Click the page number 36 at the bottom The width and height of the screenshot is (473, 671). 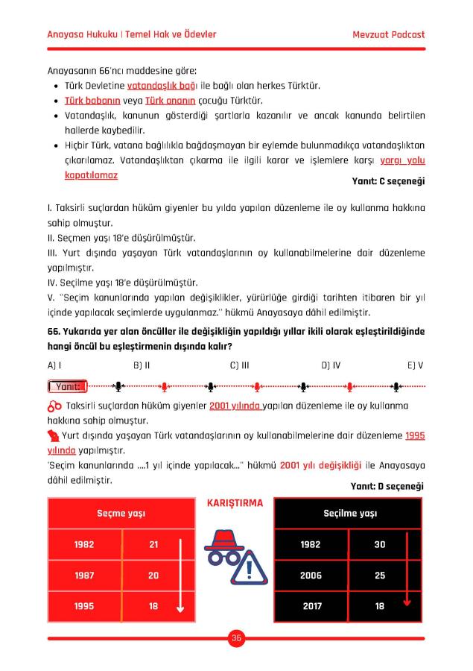[x=236, y=638]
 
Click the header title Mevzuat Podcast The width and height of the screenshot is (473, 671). [x=388, y=35]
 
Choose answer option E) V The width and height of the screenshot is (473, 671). [x=416, y=365]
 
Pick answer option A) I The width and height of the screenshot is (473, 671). [x=54, y=365]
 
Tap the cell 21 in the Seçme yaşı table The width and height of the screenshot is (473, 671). [x=153, y=545]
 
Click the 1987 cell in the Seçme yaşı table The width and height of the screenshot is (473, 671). [x=84, y=576]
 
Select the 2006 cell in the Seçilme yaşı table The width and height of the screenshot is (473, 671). [x=311, y=576]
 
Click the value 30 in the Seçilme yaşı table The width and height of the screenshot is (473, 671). [x=379, y=545]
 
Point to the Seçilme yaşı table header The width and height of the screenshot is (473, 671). [x=349, y=514]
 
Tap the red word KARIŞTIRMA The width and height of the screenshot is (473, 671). [x=233, y=503]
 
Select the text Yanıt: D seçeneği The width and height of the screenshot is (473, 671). [x=387, y=486]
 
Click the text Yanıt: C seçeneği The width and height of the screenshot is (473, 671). [x=388, y=181]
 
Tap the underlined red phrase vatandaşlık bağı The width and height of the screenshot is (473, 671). [x=156, y=86]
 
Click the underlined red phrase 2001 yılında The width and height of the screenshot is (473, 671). [x=235, y=406]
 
